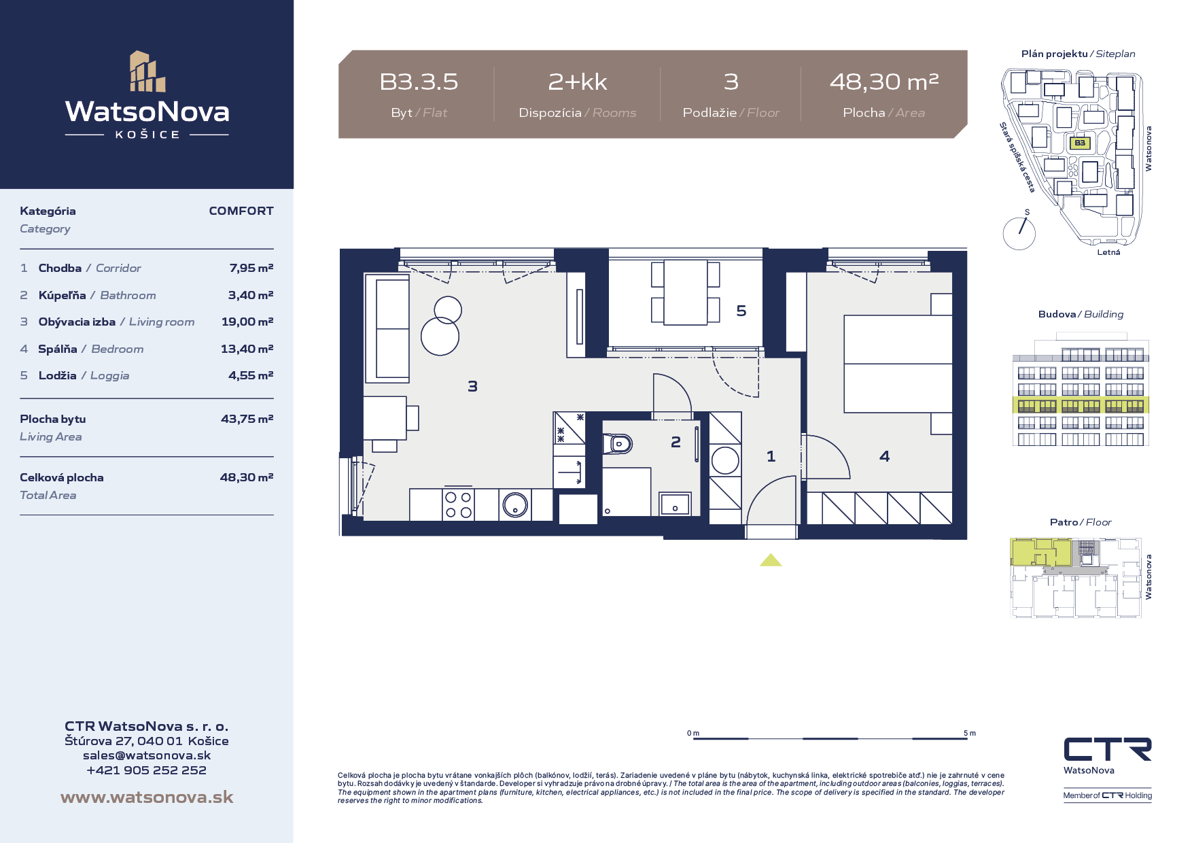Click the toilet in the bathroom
point(618,445)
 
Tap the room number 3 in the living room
point(473,386)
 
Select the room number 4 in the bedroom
point(884,456)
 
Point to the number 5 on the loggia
point(741,311)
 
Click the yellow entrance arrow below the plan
point(771,560)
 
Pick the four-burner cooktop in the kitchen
point(458,504)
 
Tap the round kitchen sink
point(515,505)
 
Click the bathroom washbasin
point(675,504)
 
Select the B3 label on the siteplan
point(1080,143)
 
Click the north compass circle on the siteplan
point(1019,233)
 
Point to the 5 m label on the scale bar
point(970,734)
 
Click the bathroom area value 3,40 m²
point(251,295)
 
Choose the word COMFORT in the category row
point(241,211)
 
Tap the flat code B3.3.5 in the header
point(419,82)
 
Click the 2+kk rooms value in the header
point(578,82)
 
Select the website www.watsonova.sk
point(147,797)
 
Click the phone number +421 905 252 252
point(147,770)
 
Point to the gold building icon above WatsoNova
point(147,71)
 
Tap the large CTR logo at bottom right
point(1108,749)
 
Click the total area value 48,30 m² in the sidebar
point(247,477)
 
